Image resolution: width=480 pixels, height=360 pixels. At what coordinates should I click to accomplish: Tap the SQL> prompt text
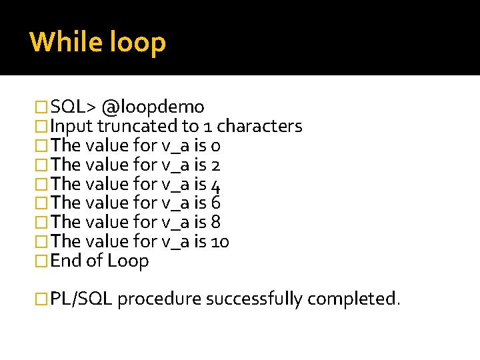pyautogui.click(x=73, y=107)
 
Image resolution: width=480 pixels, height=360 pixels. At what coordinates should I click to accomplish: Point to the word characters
pyautogui.click(x=260, y=126)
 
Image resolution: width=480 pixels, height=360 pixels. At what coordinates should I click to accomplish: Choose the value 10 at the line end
pyautogui.click(x=220, y=241)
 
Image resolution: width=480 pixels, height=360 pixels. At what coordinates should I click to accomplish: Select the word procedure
pyautogui.click(x=159, y=299)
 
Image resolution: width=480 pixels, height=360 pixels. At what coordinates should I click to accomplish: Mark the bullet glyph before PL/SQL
pyautogui.click(x=42, y=299)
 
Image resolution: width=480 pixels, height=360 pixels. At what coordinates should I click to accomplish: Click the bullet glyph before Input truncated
pyautogui.click(x=42, y=126)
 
